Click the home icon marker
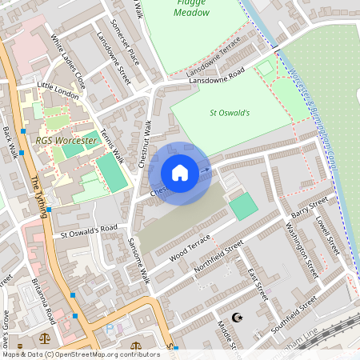coord(180,173)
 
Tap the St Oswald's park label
coord(230,113)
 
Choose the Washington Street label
coord(302,250)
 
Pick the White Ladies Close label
coord(68,61)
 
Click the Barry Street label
coord(310,208)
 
